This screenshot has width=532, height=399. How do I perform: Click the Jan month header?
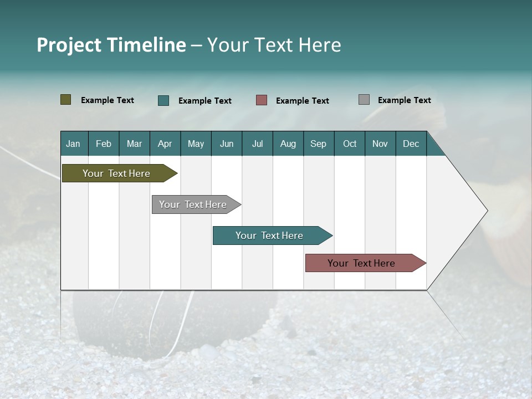point(73,144)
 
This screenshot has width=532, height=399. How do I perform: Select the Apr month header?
point(165,144)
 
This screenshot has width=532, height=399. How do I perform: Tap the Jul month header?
point(257,144)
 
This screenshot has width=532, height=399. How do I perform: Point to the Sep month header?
point(318,144)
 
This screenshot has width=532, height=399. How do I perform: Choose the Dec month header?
point(411,144)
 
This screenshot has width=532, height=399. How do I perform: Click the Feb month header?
point(104,144)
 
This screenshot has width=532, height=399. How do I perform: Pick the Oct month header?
point(350,144)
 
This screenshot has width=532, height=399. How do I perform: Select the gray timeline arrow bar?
point(194,204)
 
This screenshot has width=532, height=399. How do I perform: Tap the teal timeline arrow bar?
point(270,236)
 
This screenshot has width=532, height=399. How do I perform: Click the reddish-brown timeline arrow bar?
point(363,263)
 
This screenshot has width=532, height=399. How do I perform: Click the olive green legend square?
point(66,100)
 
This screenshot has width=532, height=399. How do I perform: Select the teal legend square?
point(163,100)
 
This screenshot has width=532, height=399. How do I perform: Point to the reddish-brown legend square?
point(262,100)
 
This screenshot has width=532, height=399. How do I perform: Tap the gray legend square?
point(364,100)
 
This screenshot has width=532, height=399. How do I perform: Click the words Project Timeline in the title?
point(111,45)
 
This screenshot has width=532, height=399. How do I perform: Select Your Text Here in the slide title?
point(274,45)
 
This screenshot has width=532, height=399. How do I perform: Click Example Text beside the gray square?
point(404,100)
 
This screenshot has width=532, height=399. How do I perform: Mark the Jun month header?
point(227,144)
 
